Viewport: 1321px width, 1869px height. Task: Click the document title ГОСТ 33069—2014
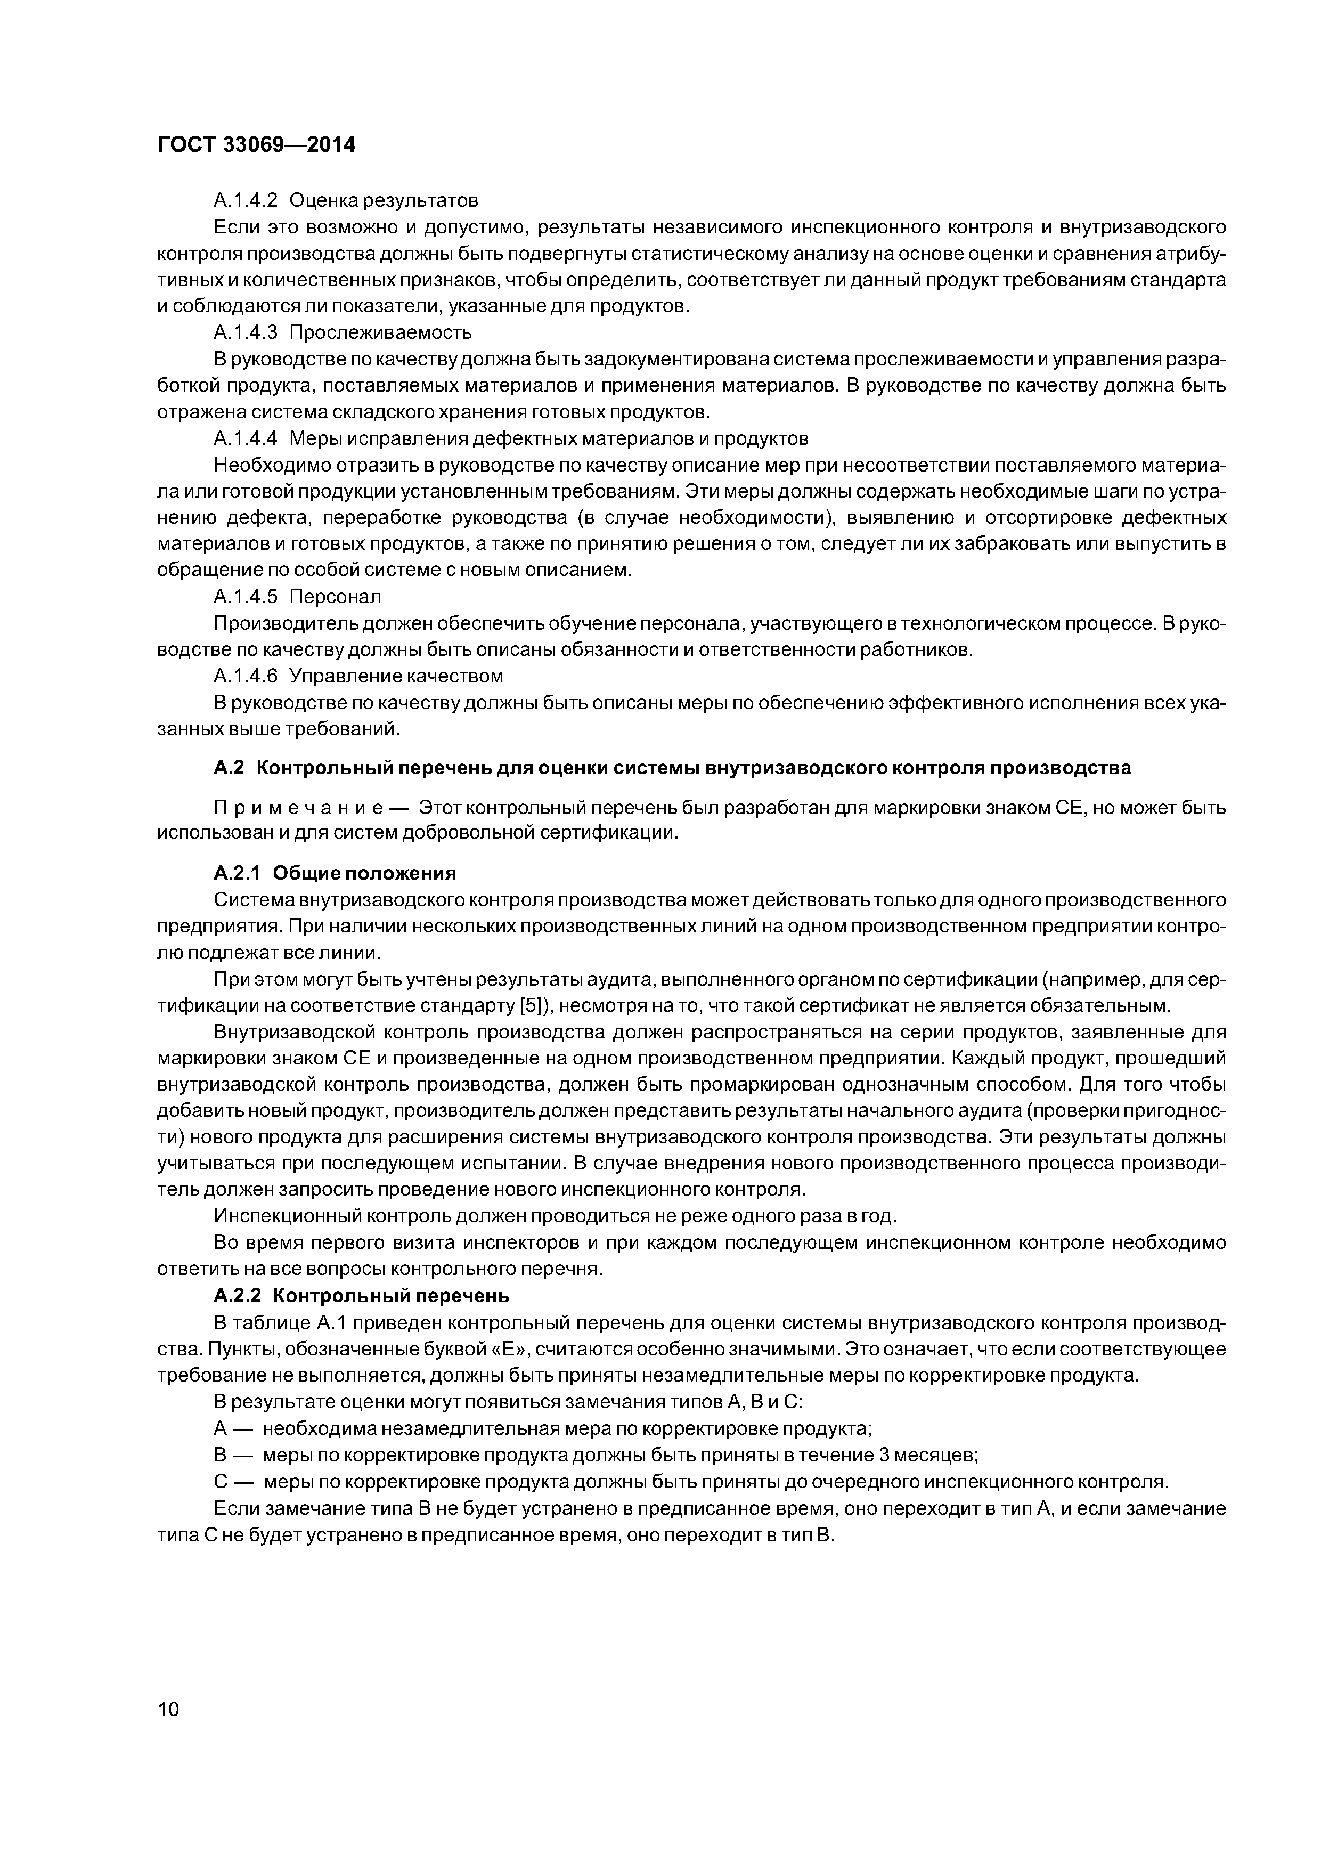point(256,145)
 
